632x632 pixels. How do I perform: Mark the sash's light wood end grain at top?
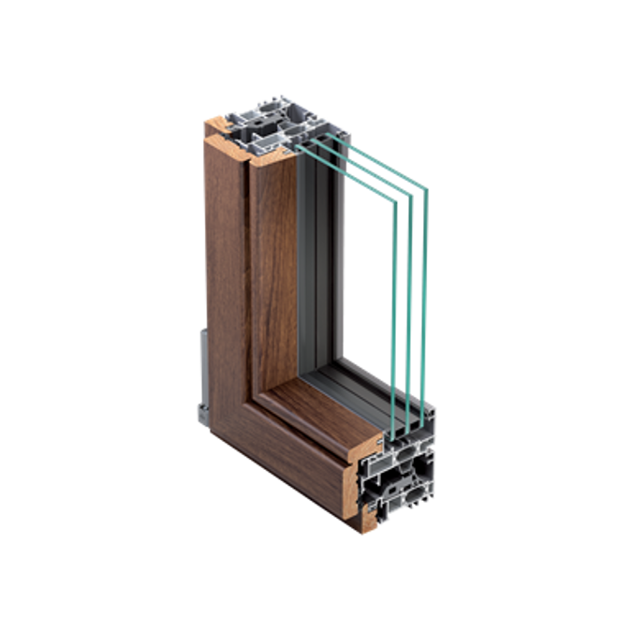pyautogui.click(x=272, y=159)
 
